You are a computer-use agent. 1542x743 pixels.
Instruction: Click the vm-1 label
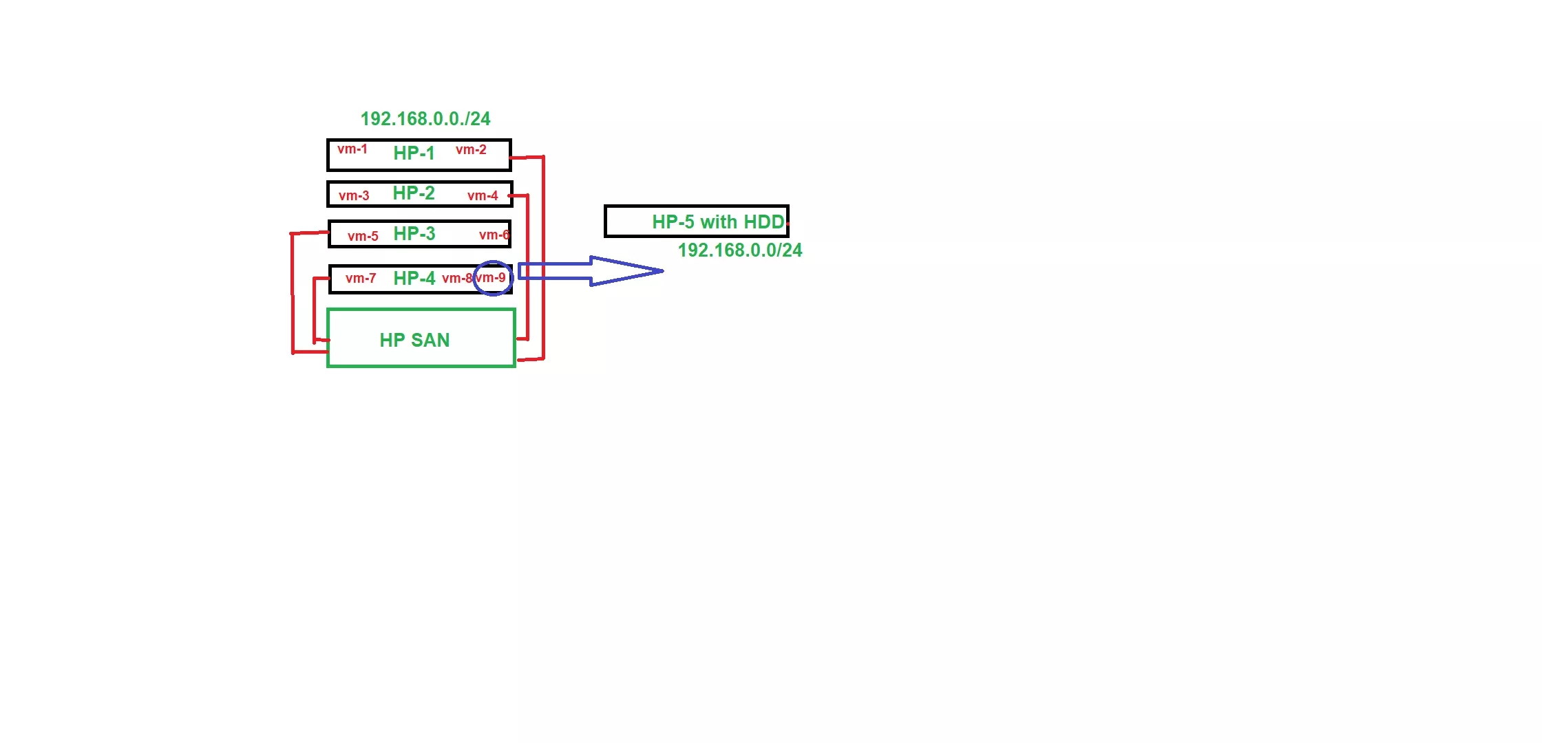click(352, 149)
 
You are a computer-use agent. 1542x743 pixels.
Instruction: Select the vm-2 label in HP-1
click(471, 150)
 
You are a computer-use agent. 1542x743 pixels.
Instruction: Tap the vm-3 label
click(354, 196)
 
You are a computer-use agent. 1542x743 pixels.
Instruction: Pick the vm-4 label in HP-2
click(483, 196)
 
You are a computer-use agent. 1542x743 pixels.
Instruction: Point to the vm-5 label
click(363, 237)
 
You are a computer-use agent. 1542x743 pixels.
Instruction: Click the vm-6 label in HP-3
click(494, 235)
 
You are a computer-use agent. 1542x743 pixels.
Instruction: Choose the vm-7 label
click(361, 279)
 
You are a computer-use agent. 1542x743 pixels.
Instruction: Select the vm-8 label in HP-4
click(457, 279)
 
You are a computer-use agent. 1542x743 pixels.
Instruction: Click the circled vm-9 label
click(491, 278)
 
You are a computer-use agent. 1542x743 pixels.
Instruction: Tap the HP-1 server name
click(414, 153)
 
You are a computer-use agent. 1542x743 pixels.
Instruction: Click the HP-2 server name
click(414, 193)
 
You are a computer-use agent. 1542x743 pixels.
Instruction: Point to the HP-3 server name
click(414, 234)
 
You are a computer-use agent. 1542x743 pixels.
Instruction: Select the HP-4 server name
click(414, 279)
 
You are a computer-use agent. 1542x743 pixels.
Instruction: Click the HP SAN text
click(414, 341)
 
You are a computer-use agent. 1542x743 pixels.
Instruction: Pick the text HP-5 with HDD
click(718, 222)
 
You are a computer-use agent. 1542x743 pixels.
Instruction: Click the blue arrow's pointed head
click(663, 271)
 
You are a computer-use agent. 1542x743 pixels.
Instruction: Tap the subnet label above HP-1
click(425, 119)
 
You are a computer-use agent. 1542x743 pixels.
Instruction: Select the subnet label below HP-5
click(740, 250)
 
